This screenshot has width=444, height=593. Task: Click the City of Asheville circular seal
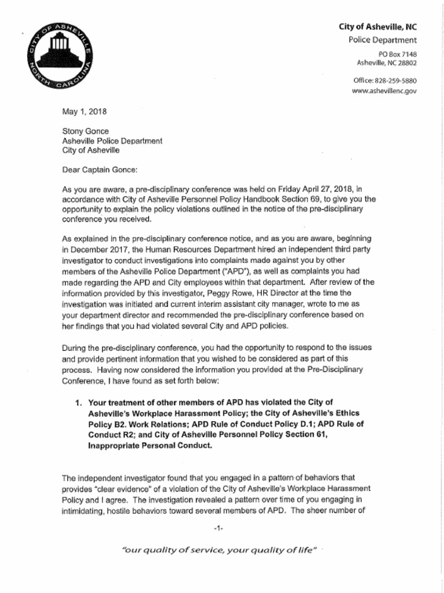(x=59, y=57)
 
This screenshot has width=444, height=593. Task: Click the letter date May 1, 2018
(x=84, y=112)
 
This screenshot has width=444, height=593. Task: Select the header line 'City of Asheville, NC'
(x=378, y=27)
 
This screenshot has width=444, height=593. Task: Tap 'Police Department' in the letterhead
(x=382, y=40)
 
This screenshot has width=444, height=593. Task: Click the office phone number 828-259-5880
(x=395, y=80)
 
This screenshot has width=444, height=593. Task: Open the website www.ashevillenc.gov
(x=384, y=91)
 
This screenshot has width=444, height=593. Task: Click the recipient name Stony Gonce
(x=86, y=131)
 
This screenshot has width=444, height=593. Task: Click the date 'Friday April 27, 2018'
(x=316, y=189)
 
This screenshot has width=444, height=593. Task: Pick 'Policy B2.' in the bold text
(x=108, y=424)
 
